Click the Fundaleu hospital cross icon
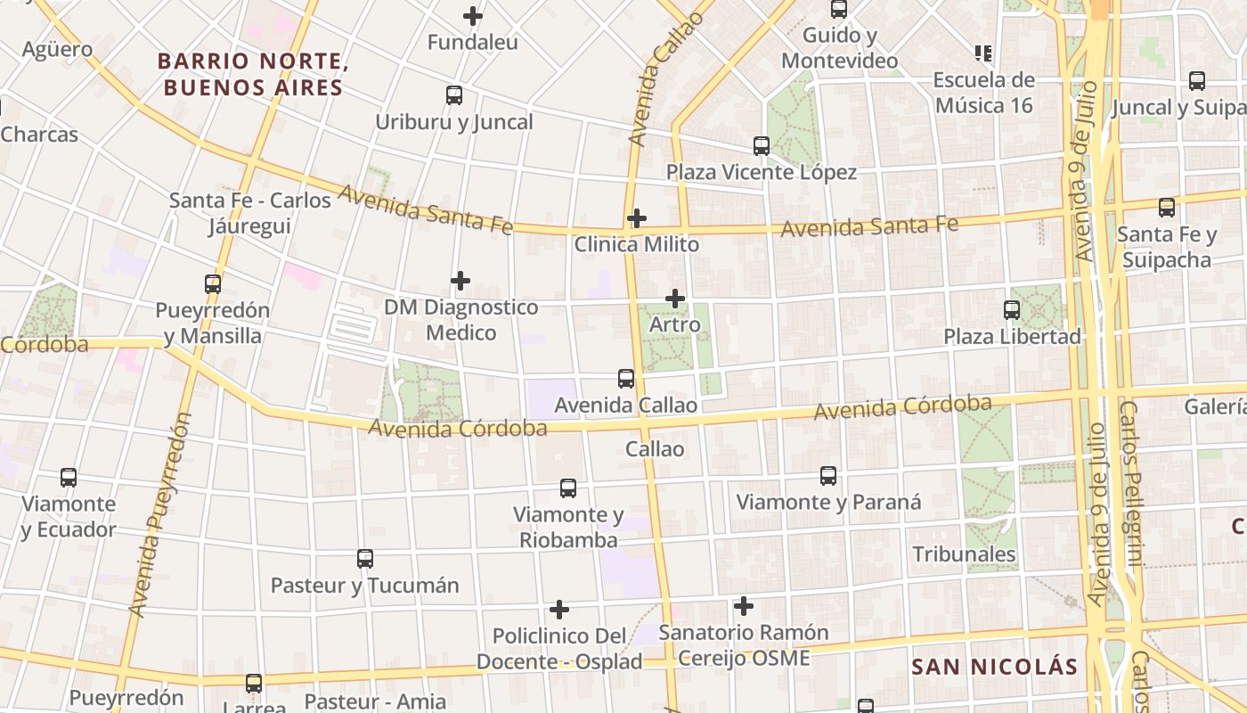pyautogui.click(x=473, y=16)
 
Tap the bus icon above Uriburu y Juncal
pyautogui.click(x=454, y=95)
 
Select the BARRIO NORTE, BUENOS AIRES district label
pyautogui.click(x=250, y=75)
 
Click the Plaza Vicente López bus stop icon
pyautogui.click(x=762, y=146)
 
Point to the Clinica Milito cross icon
pyautogui.click(x=637, y=218)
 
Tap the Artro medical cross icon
pyautogui.click(x=675, y=299)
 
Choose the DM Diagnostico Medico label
pyautogui.click(x=460, y=320)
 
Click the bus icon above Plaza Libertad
pyautogui.click(x=1012, y=310)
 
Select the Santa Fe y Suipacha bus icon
pyautogui.click(x=1167, y=208)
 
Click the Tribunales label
pyautogui.click(x=964, y=554)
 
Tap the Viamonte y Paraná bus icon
pyautogui.click(x=828, y=476)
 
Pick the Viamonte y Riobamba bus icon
pyautogui.click(x=568, y=488)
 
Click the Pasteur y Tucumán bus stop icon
pyautogui.click(x=365, y=559)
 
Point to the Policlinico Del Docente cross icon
pyautogui.click(x=559, y=610)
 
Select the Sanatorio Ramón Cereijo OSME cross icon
pyautogui.click(x=744, y=607)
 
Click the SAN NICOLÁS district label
pyautogui.click(x=994, y=667)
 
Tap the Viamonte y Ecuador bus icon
pyautogui.click(x=69, y=478)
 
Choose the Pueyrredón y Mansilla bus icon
pyautogui.click(x=213, y=284)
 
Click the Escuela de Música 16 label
pyautogui.click(x=983, y=93)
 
